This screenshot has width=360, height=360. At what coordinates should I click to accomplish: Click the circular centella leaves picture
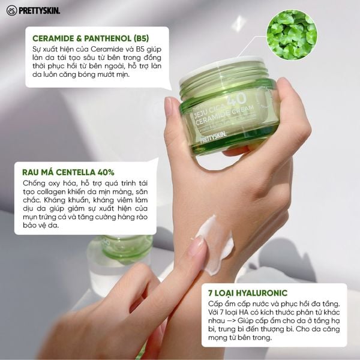[x=292, y=34]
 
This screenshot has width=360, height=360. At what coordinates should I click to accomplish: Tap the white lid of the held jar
[x=222, y=70]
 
